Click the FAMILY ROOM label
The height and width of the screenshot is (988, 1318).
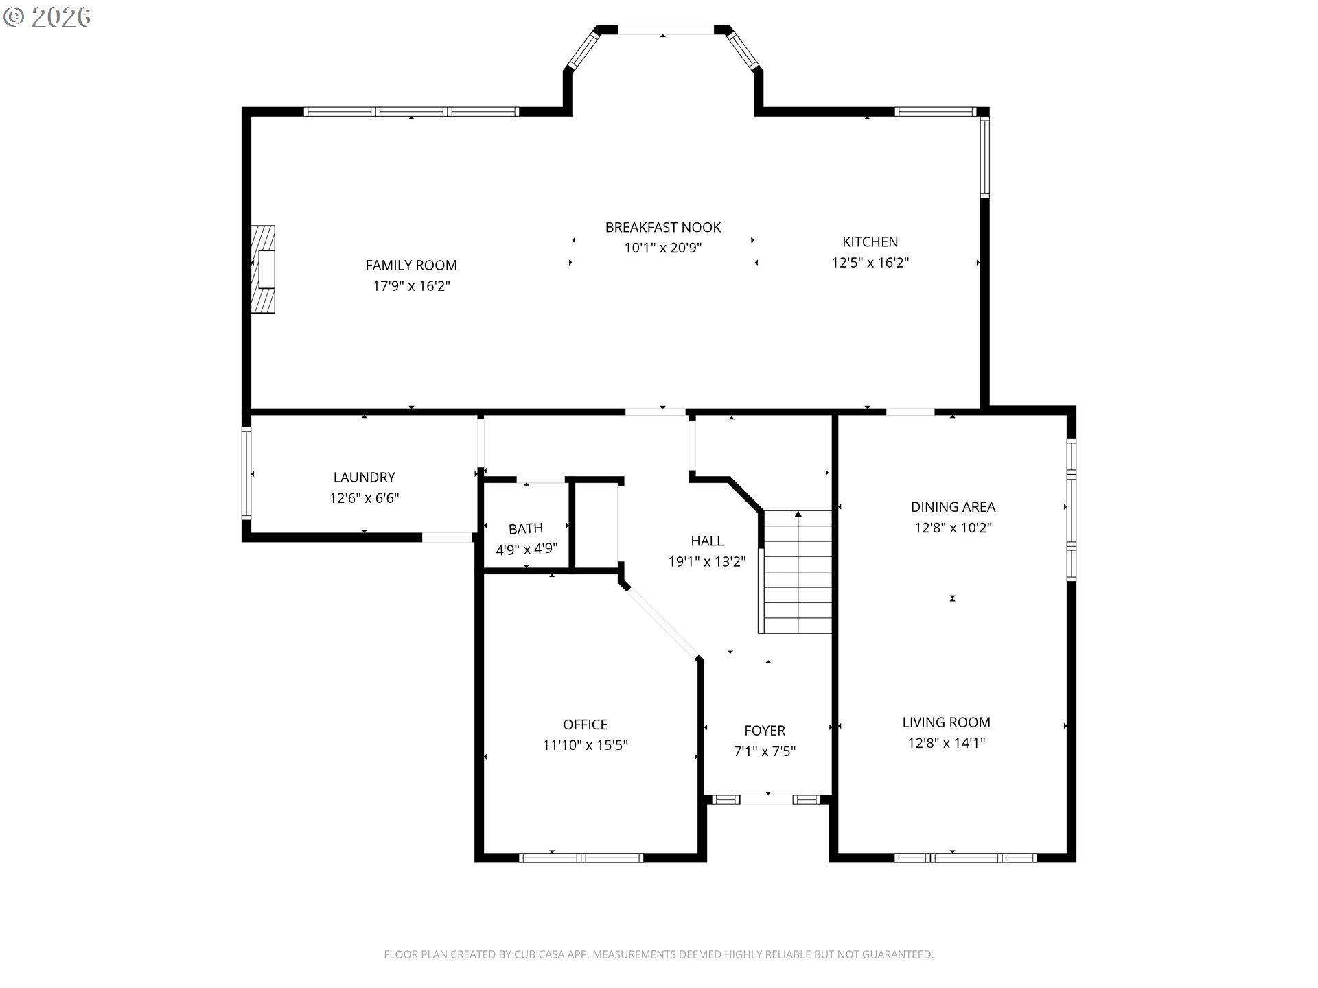(411, 265)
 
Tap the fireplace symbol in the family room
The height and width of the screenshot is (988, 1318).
(263, 270)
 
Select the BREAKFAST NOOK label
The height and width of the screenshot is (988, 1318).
(663, 227)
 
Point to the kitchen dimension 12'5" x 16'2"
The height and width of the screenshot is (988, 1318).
(870, 262)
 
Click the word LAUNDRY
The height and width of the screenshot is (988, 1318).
(365, 477)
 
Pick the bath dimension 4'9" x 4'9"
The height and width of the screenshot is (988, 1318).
(527, 549)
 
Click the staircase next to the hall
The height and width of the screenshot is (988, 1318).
(796, 572)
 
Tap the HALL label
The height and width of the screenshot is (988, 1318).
(707, 541)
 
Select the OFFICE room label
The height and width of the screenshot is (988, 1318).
(586, 725)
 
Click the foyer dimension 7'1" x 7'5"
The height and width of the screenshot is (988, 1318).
(765, 751)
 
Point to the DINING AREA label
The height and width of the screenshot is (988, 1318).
(953, 507)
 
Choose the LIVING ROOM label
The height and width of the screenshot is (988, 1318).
(947, 722)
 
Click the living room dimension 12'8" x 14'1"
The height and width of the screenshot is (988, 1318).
(947, 742)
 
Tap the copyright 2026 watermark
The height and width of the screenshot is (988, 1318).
(47, 18)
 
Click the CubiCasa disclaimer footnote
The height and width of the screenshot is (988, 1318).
(659, 954)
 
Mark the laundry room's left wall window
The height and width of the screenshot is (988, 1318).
(246, 473)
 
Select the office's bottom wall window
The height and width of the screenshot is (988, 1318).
(581, 858)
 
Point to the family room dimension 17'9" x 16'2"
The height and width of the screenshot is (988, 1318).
(411, 285)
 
